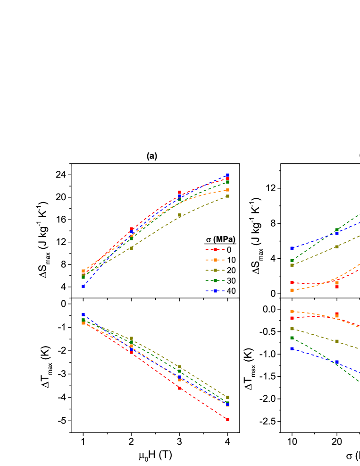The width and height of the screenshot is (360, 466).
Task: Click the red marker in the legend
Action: pyautogui.click(x=215, y=249)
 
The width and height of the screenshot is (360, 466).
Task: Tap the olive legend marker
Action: pyautogui.click(x=215, y=270)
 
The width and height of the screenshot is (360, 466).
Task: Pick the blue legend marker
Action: pyautogui.click(x=215, y=291)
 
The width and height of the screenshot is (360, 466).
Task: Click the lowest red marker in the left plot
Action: pyautogui.click(x=227, y=419)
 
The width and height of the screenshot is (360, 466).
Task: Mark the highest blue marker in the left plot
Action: pyautogui.click(x=227, y=175)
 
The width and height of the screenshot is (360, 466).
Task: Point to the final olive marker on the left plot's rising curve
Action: pyautogui.click(x=227, y=196)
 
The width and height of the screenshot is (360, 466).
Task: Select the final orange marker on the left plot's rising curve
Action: pyautogui.click(x=227, y=190)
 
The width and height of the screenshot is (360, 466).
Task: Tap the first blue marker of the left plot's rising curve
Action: pyautogui.click(x=84, y=286)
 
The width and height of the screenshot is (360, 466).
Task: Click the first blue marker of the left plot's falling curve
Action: pyautogui.click(x=84, y=314)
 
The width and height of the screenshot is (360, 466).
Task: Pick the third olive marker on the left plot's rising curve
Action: pyautogui.click(x=179, y=215)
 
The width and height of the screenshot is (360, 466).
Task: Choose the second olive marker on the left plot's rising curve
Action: pyautogui.click(x=132, y=247)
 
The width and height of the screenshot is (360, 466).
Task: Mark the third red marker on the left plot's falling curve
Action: pyautogui.click(x=179, y=388)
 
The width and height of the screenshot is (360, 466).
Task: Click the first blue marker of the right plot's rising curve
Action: pyautogui.click(x=292, y=248)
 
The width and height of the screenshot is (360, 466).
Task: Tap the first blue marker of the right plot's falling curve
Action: pyautogui.click(x=292, y=348)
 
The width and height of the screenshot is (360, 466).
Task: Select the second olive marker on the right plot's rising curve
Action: pyautogui.click(x=337, y=246)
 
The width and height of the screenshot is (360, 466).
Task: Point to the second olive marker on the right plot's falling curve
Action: pyautogui.click(x=337, y=341)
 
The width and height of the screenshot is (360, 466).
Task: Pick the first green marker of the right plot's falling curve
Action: pyautogui.click(x=292, y=338)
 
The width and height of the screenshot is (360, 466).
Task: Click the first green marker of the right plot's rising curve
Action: pyautogui.click(x=292, y=260)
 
